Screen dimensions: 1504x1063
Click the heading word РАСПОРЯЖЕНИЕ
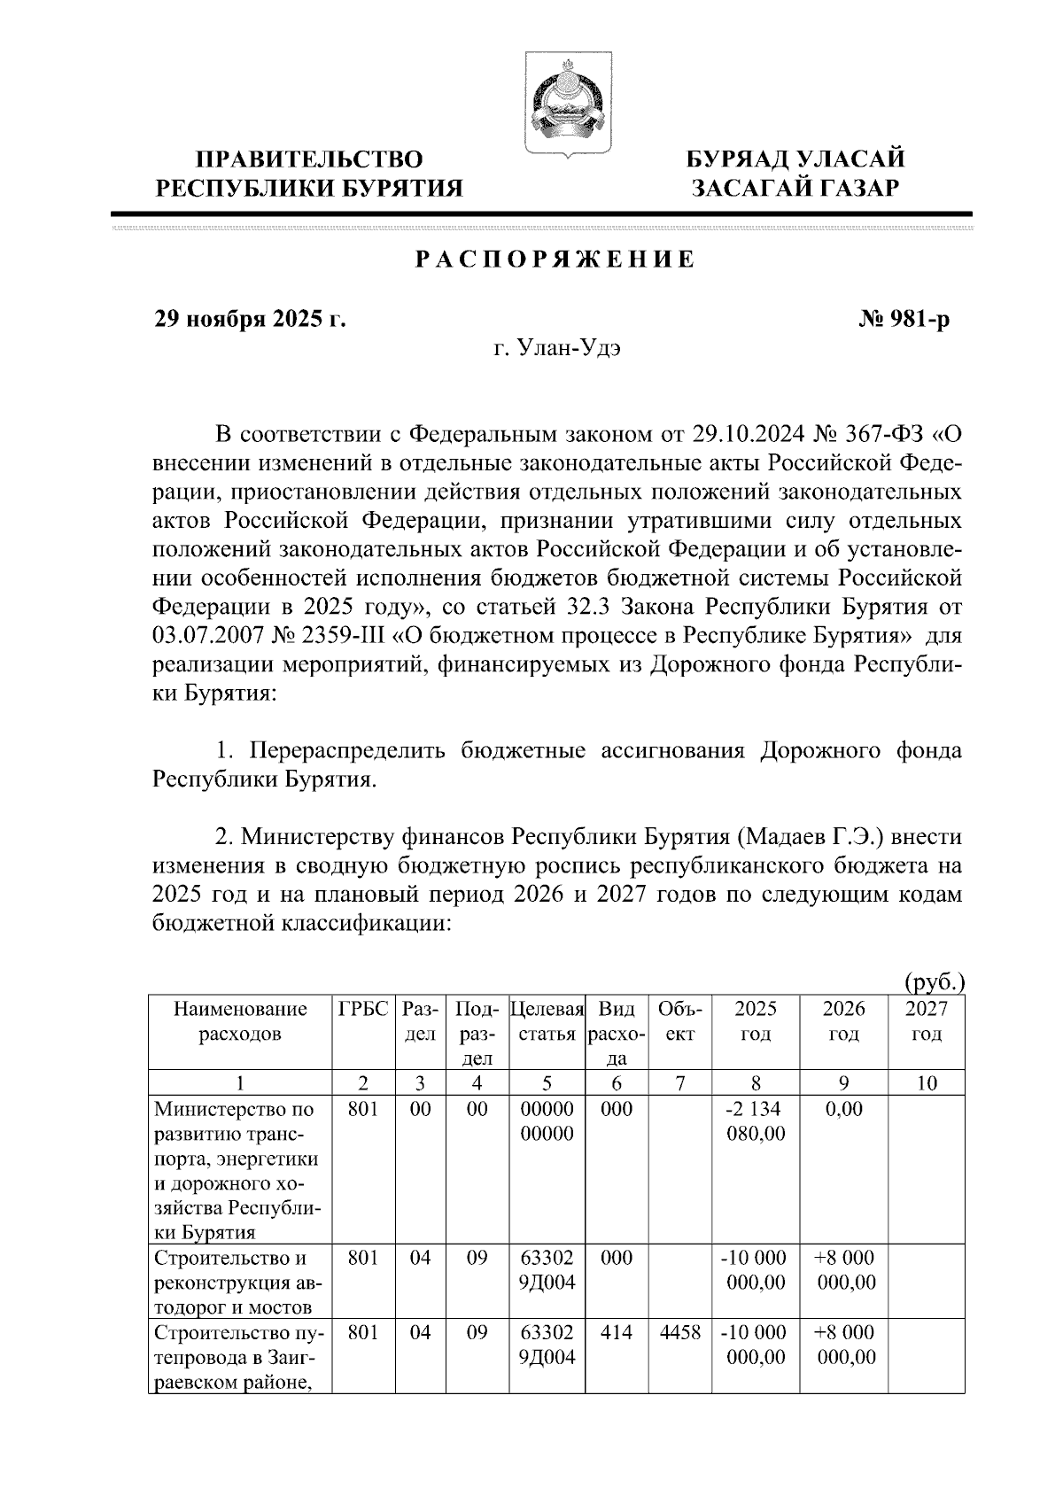pyautogui.click(x=555, y=260)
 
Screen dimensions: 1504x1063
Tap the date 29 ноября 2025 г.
pyautogui.click(x=250, y=319)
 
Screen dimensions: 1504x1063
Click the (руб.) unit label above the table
pyautogui.click(x=934, y=981)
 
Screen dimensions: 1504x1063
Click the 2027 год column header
pyautogui.click(x=926, y=1021)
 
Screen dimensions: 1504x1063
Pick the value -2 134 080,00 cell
pyautogui.click(x=755, y=1121)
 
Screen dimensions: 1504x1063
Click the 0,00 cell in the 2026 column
pyautogui.click(x=843, y=1109)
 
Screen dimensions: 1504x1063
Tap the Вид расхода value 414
pyautogui.click(x=617, y=1333)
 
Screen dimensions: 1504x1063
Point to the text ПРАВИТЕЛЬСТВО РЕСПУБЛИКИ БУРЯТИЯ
pyautogui.click(x=309, y=173)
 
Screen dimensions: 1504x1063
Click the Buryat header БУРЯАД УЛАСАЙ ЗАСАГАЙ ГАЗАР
pyautogui.click(x=796, y=173)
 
